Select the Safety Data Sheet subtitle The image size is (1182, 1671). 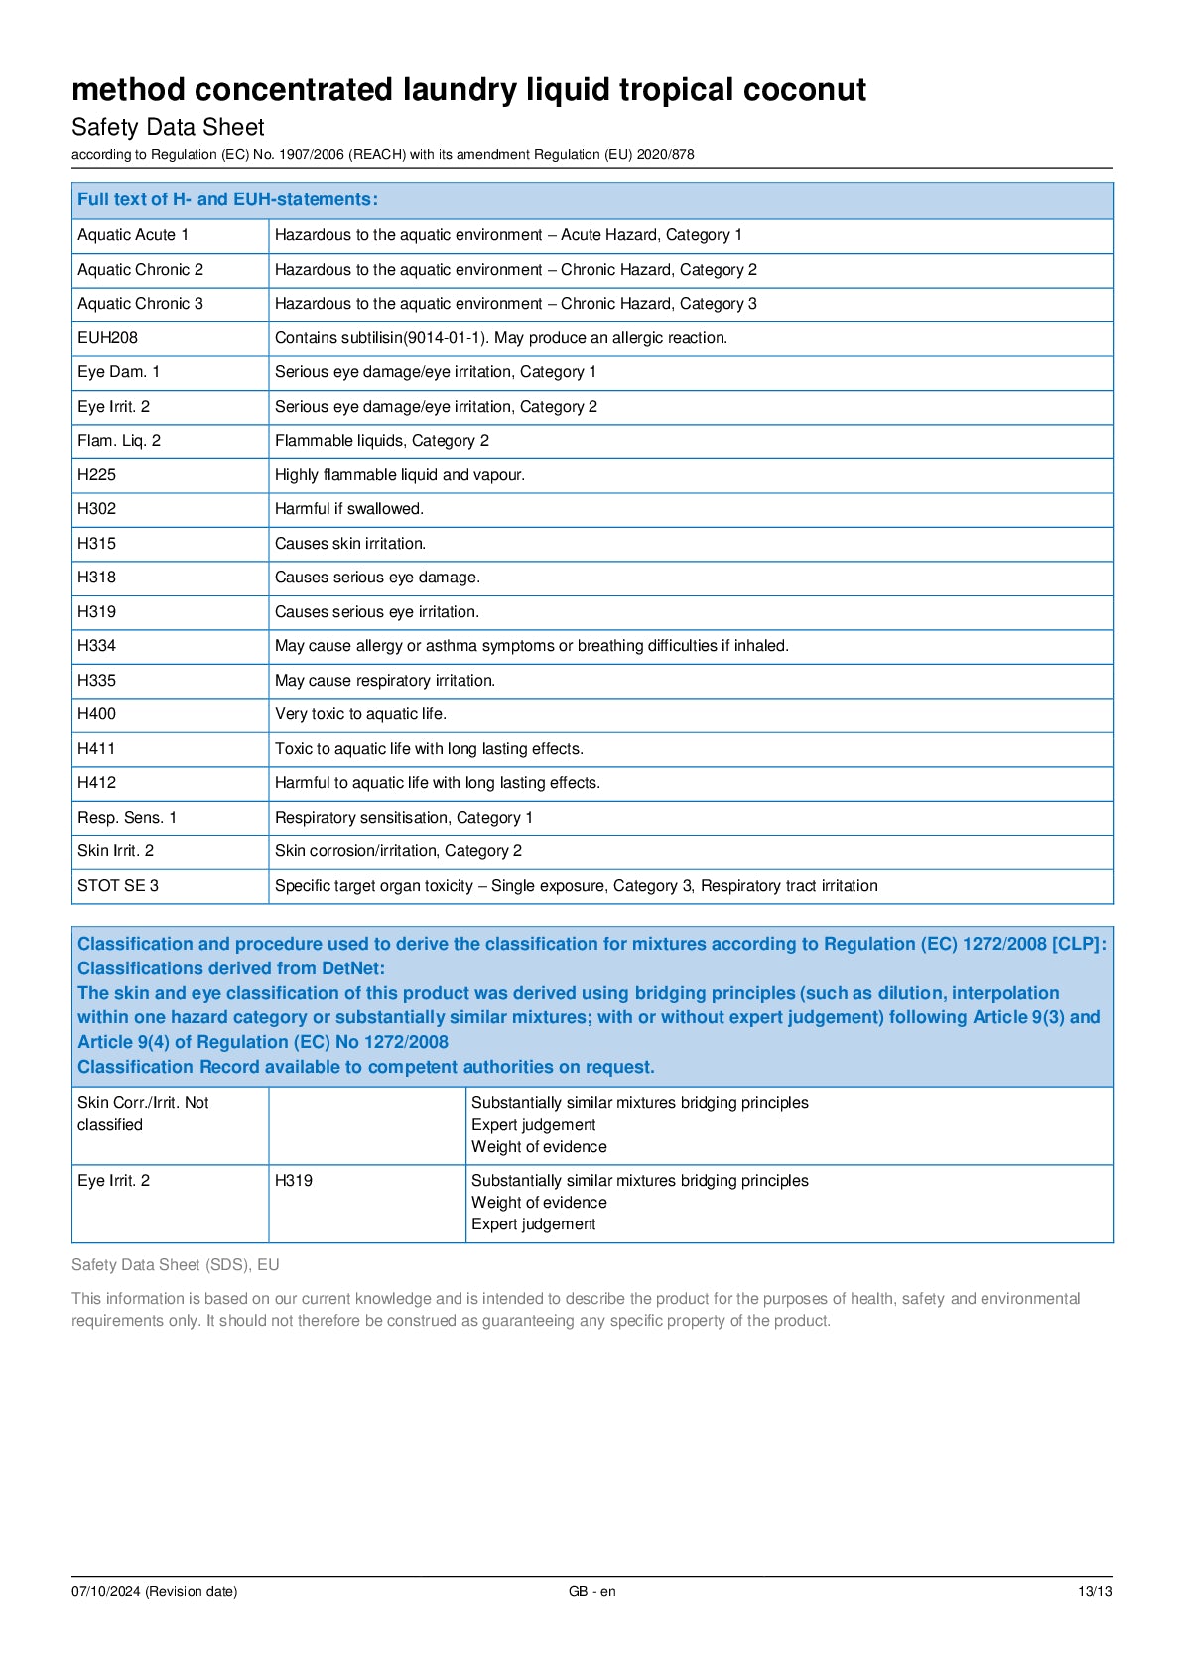click(x=168, y=127)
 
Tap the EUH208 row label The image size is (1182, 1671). click(x=107, y=338)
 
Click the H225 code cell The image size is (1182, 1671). click(x=96, y=475)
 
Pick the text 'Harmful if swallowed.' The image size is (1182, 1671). click(x=348, y=509)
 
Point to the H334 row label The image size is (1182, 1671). click(x=96, y=646)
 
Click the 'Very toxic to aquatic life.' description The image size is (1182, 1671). click(x=360, y=714)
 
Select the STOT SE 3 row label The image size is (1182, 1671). click(x=117, y=886)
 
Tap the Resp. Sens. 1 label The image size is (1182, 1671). click(x=127, y=818)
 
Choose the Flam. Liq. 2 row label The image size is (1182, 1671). click(x=119, y=441)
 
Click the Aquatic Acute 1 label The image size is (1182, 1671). click(x=133, y=235)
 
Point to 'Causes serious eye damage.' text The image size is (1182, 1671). click(x=377, y=578)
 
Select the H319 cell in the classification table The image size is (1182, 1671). click(x=294, y=1181)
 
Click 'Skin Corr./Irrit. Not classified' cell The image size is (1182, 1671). click(x=143, y=1114)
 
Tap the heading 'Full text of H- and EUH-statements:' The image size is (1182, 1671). click(x=227, y=199)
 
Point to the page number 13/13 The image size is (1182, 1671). click(x=1095, y=1592)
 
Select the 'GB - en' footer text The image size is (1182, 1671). click(x=591, y=1592)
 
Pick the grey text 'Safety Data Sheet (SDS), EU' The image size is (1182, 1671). click(x=175, y=1265)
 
